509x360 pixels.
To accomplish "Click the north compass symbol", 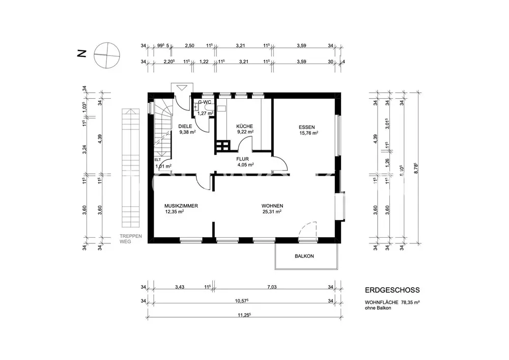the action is point(107,54).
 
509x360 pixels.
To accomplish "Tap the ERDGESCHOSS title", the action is point(392,290).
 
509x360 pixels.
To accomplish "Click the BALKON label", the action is point(304,256).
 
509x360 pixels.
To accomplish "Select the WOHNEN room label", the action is point(272,206).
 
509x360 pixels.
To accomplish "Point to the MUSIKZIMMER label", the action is point(181,206).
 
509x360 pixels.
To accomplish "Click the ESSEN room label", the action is point(307,127).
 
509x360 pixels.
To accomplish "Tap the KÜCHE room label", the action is point(244,126).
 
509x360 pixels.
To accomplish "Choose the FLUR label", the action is point(242,158).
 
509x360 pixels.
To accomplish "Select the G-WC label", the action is point(205,102).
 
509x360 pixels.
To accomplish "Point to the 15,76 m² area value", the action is point(309,133).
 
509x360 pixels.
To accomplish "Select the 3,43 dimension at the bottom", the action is point(179,288).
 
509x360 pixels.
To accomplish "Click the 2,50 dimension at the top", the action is point(189,46).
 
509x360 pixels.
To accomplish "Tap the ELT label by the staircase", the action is point(157,159).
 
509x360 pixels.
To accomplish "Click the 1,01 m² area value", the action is point(163,166).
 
